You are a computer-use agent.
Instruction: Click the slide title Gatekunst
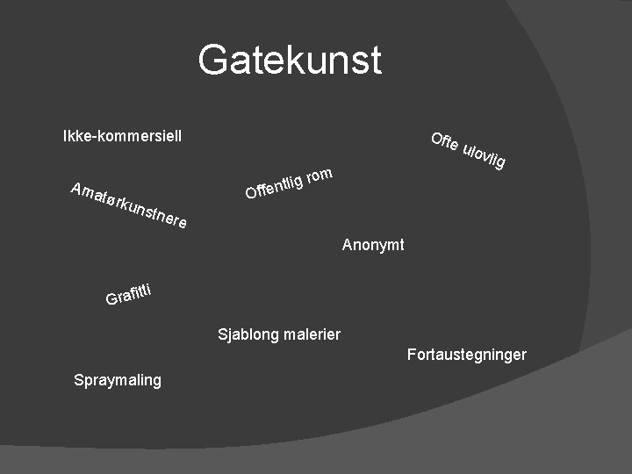(290, 61)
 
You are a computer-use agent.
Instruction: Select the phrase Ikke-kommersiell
(122, 136)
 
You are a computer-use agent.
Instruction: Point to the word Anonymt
(373, 245)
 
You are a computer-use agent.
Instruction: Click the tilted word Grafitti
(130, 293)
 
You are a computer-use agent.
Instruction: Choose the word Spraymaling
(118, 380)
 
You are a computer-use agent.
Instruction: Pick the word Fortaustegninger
(466, 355)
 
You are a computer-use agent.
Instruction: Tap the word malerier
(312, 334)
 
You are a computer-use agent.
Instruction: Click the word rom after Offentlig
(320, 175)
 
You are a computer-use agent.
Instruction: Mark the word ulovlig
(484, 155)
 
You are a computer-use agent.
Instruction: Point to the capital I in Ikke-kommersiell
(66, 136)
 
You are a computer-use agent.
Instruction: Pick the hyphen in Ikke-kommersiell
(94, 137)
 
